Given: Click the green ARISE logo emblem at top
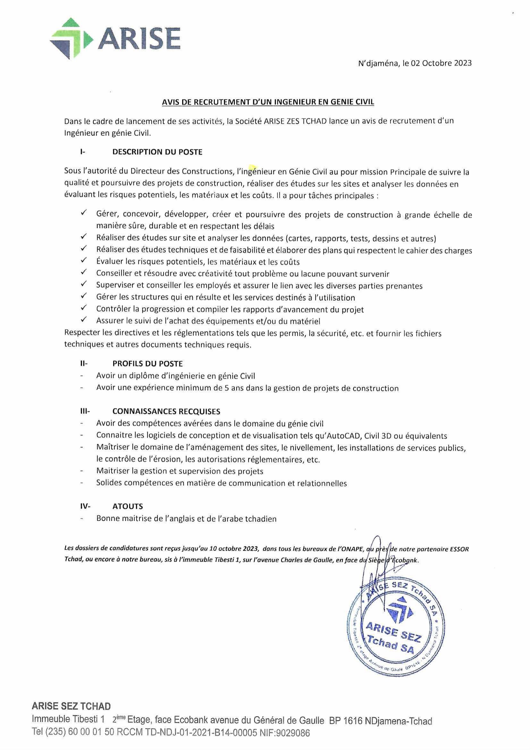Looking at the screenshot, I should coord(70,38).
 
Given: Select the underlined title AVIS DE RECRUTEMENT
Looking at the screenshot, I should coord(268,102).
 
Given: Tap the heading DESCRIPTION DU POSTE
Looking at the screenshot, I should coord(157,152).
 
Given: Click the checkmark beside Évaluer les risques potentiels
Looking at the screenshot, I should coord(84,261).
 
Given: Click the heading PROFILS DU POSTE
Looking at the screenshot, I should coord(147,364).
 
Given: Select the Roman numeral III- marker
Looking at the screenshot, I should coord(85,411).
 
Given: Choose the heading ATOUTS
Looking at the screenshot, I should coord(128,506).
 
